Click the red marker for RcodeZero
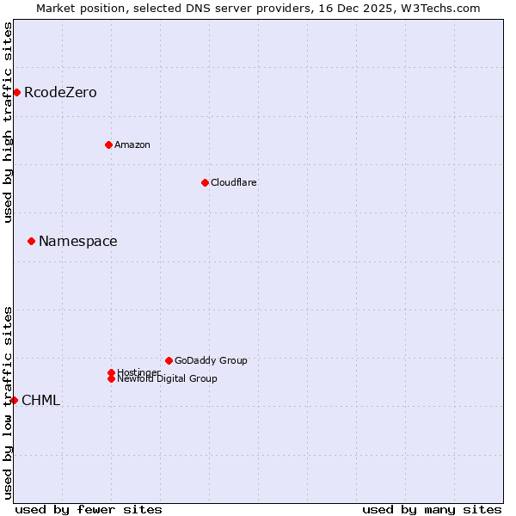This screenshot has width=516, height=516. point(16,92)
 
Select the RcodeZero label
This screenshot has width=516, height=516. point(60,93)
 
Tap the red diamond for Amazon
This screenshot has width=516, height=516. point(108,144)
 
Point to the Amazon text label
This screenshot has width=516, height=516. point(132,144)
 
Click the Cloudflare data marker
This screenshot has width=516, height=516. point(205,182)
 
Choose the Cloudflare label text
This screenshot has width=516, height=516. point(234,182)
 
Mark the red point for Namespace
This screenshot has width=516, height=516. point(31,241)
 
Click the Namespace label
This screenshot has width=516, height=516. point(78,242)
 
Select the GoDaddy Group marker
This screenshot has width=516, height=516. point(169,360)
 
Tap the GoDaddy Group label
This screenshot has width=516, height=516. point(211,360)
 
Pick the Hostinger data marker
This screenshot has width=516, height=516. point(111,372)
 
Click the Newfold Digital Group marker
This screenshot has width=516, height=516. point(112,379)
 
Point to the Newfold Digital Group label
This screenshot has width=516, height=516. point(168,379)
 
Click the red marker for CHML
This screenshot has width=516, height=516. point(14,400)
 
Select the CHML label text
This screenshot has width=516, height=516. point(41,401)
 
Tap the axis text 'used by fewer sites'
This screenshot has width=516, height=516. point(89,509)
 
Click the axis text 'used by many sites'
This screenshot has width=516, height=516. point(432,509)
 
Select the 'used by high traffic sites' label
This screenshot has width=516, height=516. point(8,122)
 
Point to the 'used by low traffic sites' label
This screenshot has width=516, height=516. point(8,402)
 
